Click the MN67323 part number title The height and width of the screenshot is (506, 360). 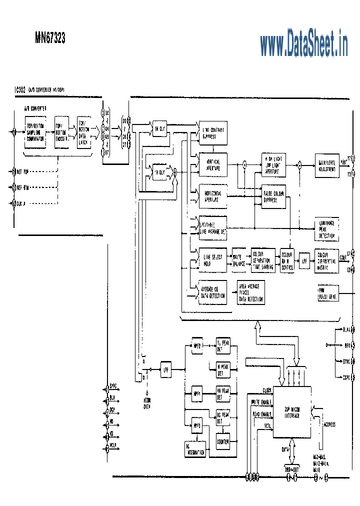pos(50,38)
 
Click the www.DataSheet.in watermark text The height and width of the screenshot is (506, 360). pos(303,43)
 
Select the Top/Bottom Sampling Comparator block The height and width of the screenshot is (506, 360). pos(35,131)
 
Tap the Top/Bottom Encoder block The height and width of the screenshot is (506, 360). pos(61,132)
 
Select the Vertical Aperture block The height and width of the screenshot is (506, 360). pos(213,164)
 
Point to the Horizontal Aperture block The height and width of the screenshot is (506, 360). pos(213,196)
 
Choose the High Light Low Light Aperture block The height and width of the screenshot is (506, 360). pos(273,164)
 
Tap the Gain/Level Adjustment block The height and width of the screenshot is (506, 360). pos(327,164)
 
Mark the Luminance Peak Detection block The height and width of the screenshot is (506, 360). pos(326,229)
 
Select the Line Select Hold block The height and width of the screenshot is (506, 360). pos(213,260)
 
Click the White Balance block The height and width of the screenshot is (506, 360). pos(240,260)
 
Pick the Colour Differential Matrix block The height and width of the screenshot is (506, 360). pos(326,260)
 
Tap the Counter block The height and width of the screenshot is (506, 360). pos(223,441)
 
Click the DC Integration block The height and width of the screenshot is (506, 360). pos(195,448)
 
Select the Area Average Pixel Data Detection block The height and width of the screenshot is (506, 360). pos(251,292)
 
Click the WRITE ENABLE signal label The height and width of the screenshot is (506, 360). pos(260,401)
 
